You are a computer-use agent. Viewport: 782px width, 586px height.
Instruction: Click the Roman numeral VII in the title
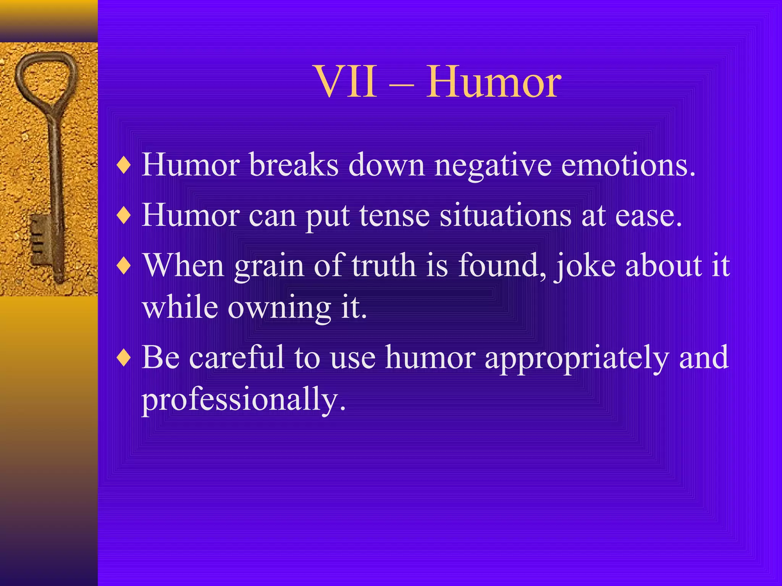pyautogui.click(x=346, y=82)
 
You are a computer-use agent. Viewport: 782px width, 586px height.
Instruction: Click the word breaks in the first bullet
pyautogui.click(x=294, y=165)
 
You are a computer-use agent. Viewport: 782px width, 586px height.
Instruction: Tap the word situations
pyautogui.click(x=506, y=216)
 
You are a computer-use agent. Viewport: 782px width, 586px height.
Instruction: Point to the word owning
pyautogui.click(x=279, y=308)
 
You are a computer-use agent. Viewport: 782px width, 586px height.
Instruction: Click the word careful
pyautogui.click(x=237, y=357)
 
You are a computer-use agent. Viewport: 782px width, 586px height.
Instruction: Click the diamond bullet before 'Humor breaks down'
pyautogui.click(x=124, y=166)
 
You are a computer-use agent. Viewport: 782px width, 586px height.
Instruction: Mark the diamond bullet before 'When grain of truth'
pyautogui.click(x=124, y=266)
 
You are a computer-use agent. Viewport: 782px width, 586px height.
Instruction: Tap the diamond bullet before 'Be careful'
pyautogui.click(x=124, y=358)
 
